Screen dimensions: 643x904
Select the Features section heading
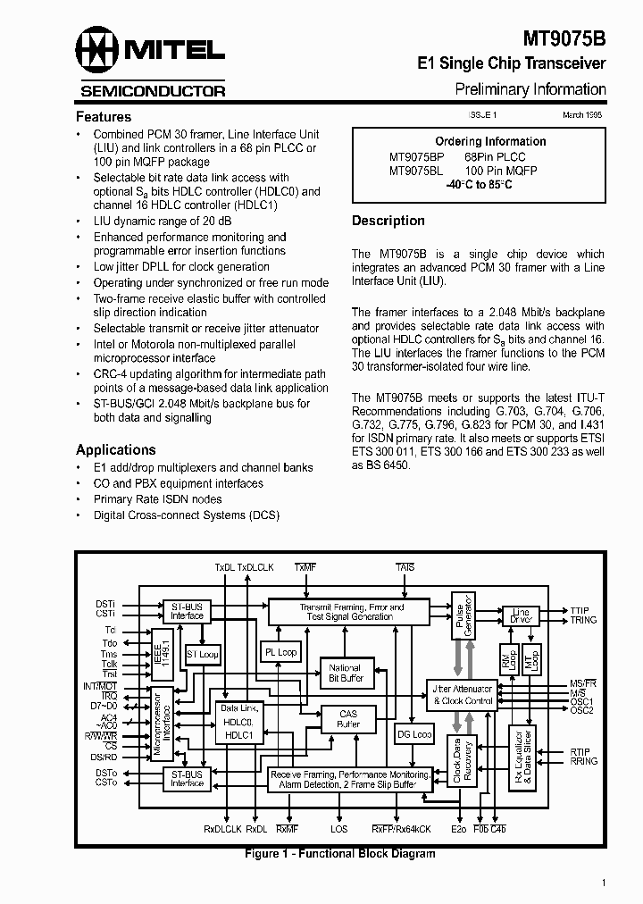coord(103,117)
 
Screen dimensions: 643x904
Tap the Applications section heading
coord(115,450)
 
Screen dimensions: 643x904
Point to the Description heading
coord(388,221)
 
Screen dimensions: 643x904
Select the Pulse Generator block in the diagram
coord(462,616)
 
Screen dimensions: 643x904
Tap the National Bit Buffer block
coord(345,674)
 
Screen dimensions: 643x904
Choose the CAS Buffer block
coord(347,718)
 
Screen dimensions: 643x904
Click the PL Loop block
coord(281,652)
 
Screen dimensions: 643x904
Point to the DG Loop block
coord(413,734)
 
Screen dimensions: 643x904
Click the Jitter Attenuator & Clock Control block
coord(462,695)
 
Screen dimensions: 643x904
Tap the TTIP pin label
coord(580,611)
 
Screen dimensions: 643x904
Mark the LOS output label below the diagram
coord(339,830)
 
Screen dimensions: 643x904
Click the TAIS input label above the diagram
coord(405,567)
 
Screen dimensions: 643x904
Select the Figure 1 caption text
coord(339,854)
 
